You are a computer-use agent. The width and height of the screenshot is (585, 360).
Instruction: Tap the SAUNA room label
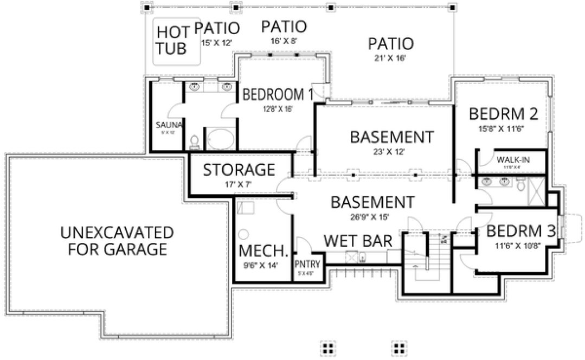[x=168, y=125]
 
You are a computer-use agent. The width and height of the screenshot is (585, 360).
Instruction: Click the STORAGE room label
[x=239, y=170]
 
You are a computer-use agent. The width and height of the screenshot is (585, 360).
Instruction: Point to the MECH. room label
[x=263, y=252]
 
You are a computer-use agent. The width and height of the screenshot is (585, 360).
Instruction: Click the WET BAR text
[x=358, y=241]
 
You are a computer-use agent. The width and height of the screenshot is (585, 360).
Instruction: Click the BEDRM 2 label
[x=503, y=114]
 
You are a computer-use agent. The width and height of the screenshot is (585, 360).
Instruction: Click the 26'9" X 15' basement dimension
[x=372, y=217]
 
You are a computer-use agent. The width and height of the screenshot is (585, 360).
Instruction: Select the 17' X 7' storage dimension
[x=239, y=185]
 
